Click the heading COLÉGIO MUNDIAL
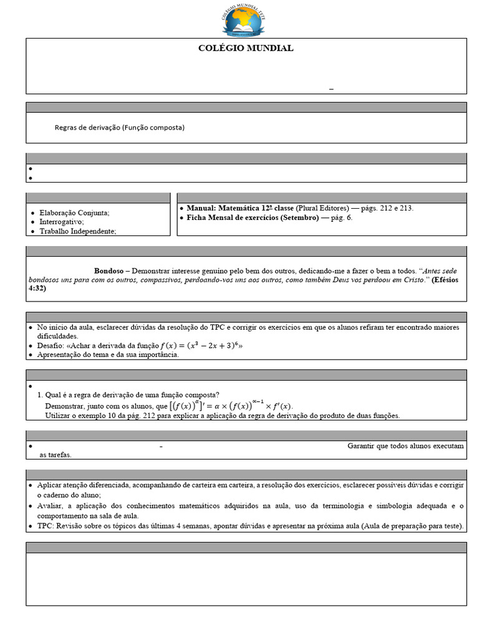[246, 48]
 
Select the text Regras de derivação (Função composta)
[120, 127]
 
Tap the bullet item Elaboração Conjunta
[74, 212]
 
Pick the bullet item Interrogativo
[61, 222]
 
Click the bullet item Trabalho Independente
[77, 231]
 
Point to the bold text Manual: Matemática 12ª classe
[240, 208]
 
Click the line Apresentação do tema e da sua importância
[108, 355]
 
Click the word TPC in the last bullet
[45, 526]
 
